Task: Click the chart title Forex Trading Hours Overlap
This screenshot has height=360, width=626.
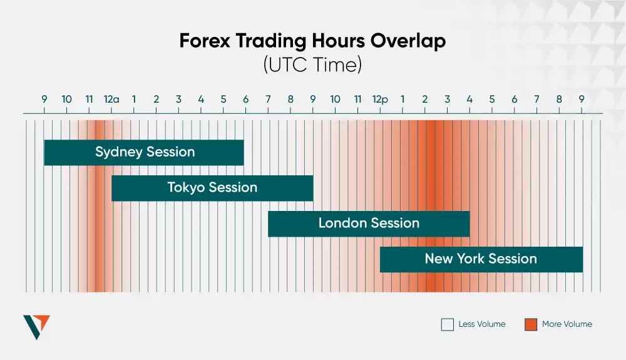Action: (x=312, y=41)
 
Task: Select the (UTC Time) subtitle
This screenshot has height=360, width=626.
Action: (x=312, y=64)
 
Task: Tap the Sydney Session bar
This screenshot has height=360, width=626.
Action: (x=144, y=152)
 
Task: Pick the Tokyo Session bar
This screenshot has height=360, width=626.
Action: (x=212, y=188)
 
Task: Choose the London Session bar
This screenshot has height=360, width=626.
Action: (x=369, y=224)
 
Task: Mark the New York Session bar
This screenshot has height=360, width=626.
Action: (x=481, y=259)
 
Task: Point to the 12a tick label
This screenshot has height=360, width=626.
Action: (x=111, y=100)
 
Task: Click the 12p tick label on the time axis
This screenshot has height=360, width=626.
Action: (x=379, y=100)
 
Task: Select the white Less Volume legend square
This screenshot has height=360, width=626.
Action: (x=447, y=324)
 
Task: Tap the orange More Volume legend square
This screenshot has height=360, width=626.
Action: (x=531, y=324)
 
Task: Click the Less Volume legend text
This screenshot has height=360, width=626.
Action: (x=481, y=324)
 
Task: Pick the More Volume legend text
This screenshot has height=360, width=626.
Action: (x=567, y=324)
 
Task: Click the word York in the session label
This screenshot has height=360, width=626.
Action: (x=471, y=259)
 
